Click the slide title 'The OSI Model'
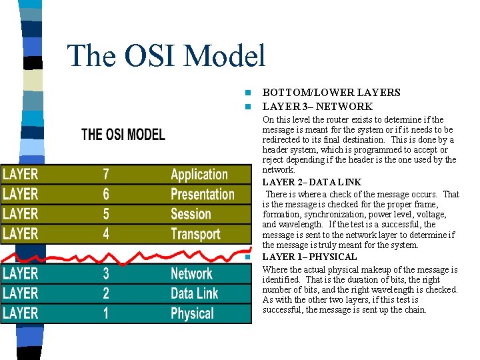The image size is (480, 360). point(167,55)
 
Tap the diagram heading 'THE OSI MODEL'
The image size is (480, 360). point(123,134)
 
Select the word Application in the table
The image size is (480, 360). point(199,175)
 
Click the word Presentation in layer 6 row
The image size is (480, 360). point(202,195)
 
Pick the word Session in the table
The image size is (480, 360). point(191,214)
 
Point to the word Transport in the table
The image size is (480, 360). point(195,234)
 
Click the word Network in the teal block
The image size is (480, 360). point(191,274)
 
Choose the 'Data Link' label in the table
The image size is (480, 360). point(194,293)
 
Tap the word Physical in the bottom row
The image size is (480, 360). point(192,313)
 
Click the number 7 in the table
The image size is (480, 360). point(106,175)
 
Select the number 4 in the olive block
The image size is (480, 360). point(106,234)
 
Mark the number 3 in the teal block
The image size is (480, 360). point(106,274)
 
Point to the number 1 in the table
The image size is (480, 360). point(106,313)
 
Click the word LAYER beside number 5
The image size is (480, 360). point(21,214)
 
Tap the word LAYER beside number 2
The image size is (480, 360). point(21,293)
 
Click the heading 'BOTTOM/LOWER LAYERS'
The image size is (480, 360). point(331,93)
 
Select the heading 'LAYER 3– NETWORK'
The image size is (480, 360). point(317,107)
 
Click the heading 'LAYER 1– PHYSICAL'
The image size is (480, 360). point(309,257)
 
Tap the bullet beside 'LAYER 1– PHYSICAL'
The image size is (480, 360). point(246,257)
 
